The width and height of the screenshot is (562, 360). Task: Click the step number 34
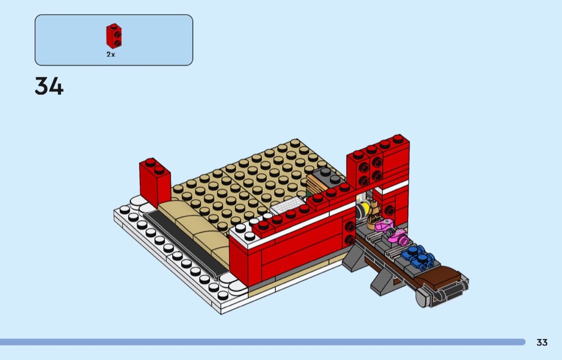49,86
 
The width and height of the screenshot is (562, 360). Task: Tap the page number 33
542,342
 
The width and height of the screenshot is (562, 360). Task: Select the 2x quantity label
111,55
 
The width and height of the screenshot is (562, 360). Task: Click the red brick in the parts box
113,36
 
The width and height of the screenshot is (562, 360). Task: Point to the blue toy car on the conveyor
417,257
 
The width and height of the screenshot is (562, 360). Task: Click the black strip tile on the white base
185,243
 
